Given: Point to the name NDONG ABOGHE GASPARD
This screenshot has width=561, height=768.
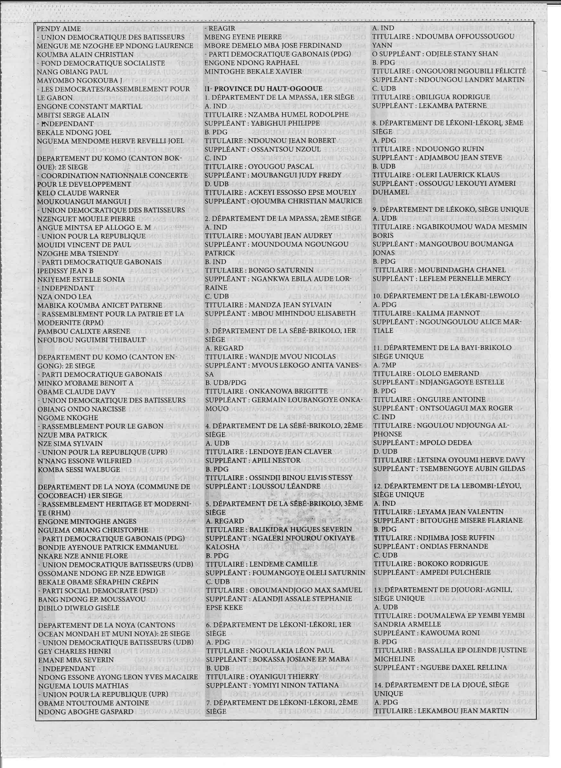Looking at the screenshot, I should (80, 711).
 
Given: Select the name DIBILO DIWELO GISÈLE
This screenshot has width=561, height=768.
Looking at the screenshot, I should (75, 608).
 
